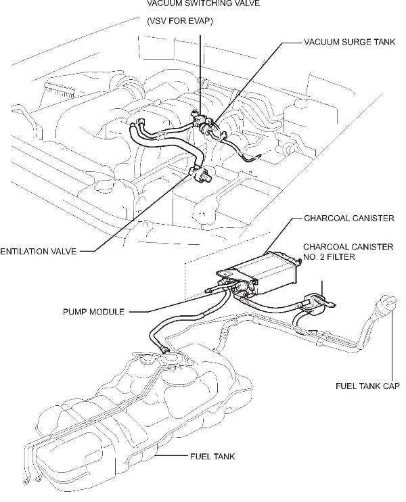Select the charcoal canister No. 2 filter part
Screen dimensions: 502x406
click(x=317, y=302)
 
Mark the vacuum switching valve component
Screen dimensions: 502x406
click(x=202, y=124)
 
